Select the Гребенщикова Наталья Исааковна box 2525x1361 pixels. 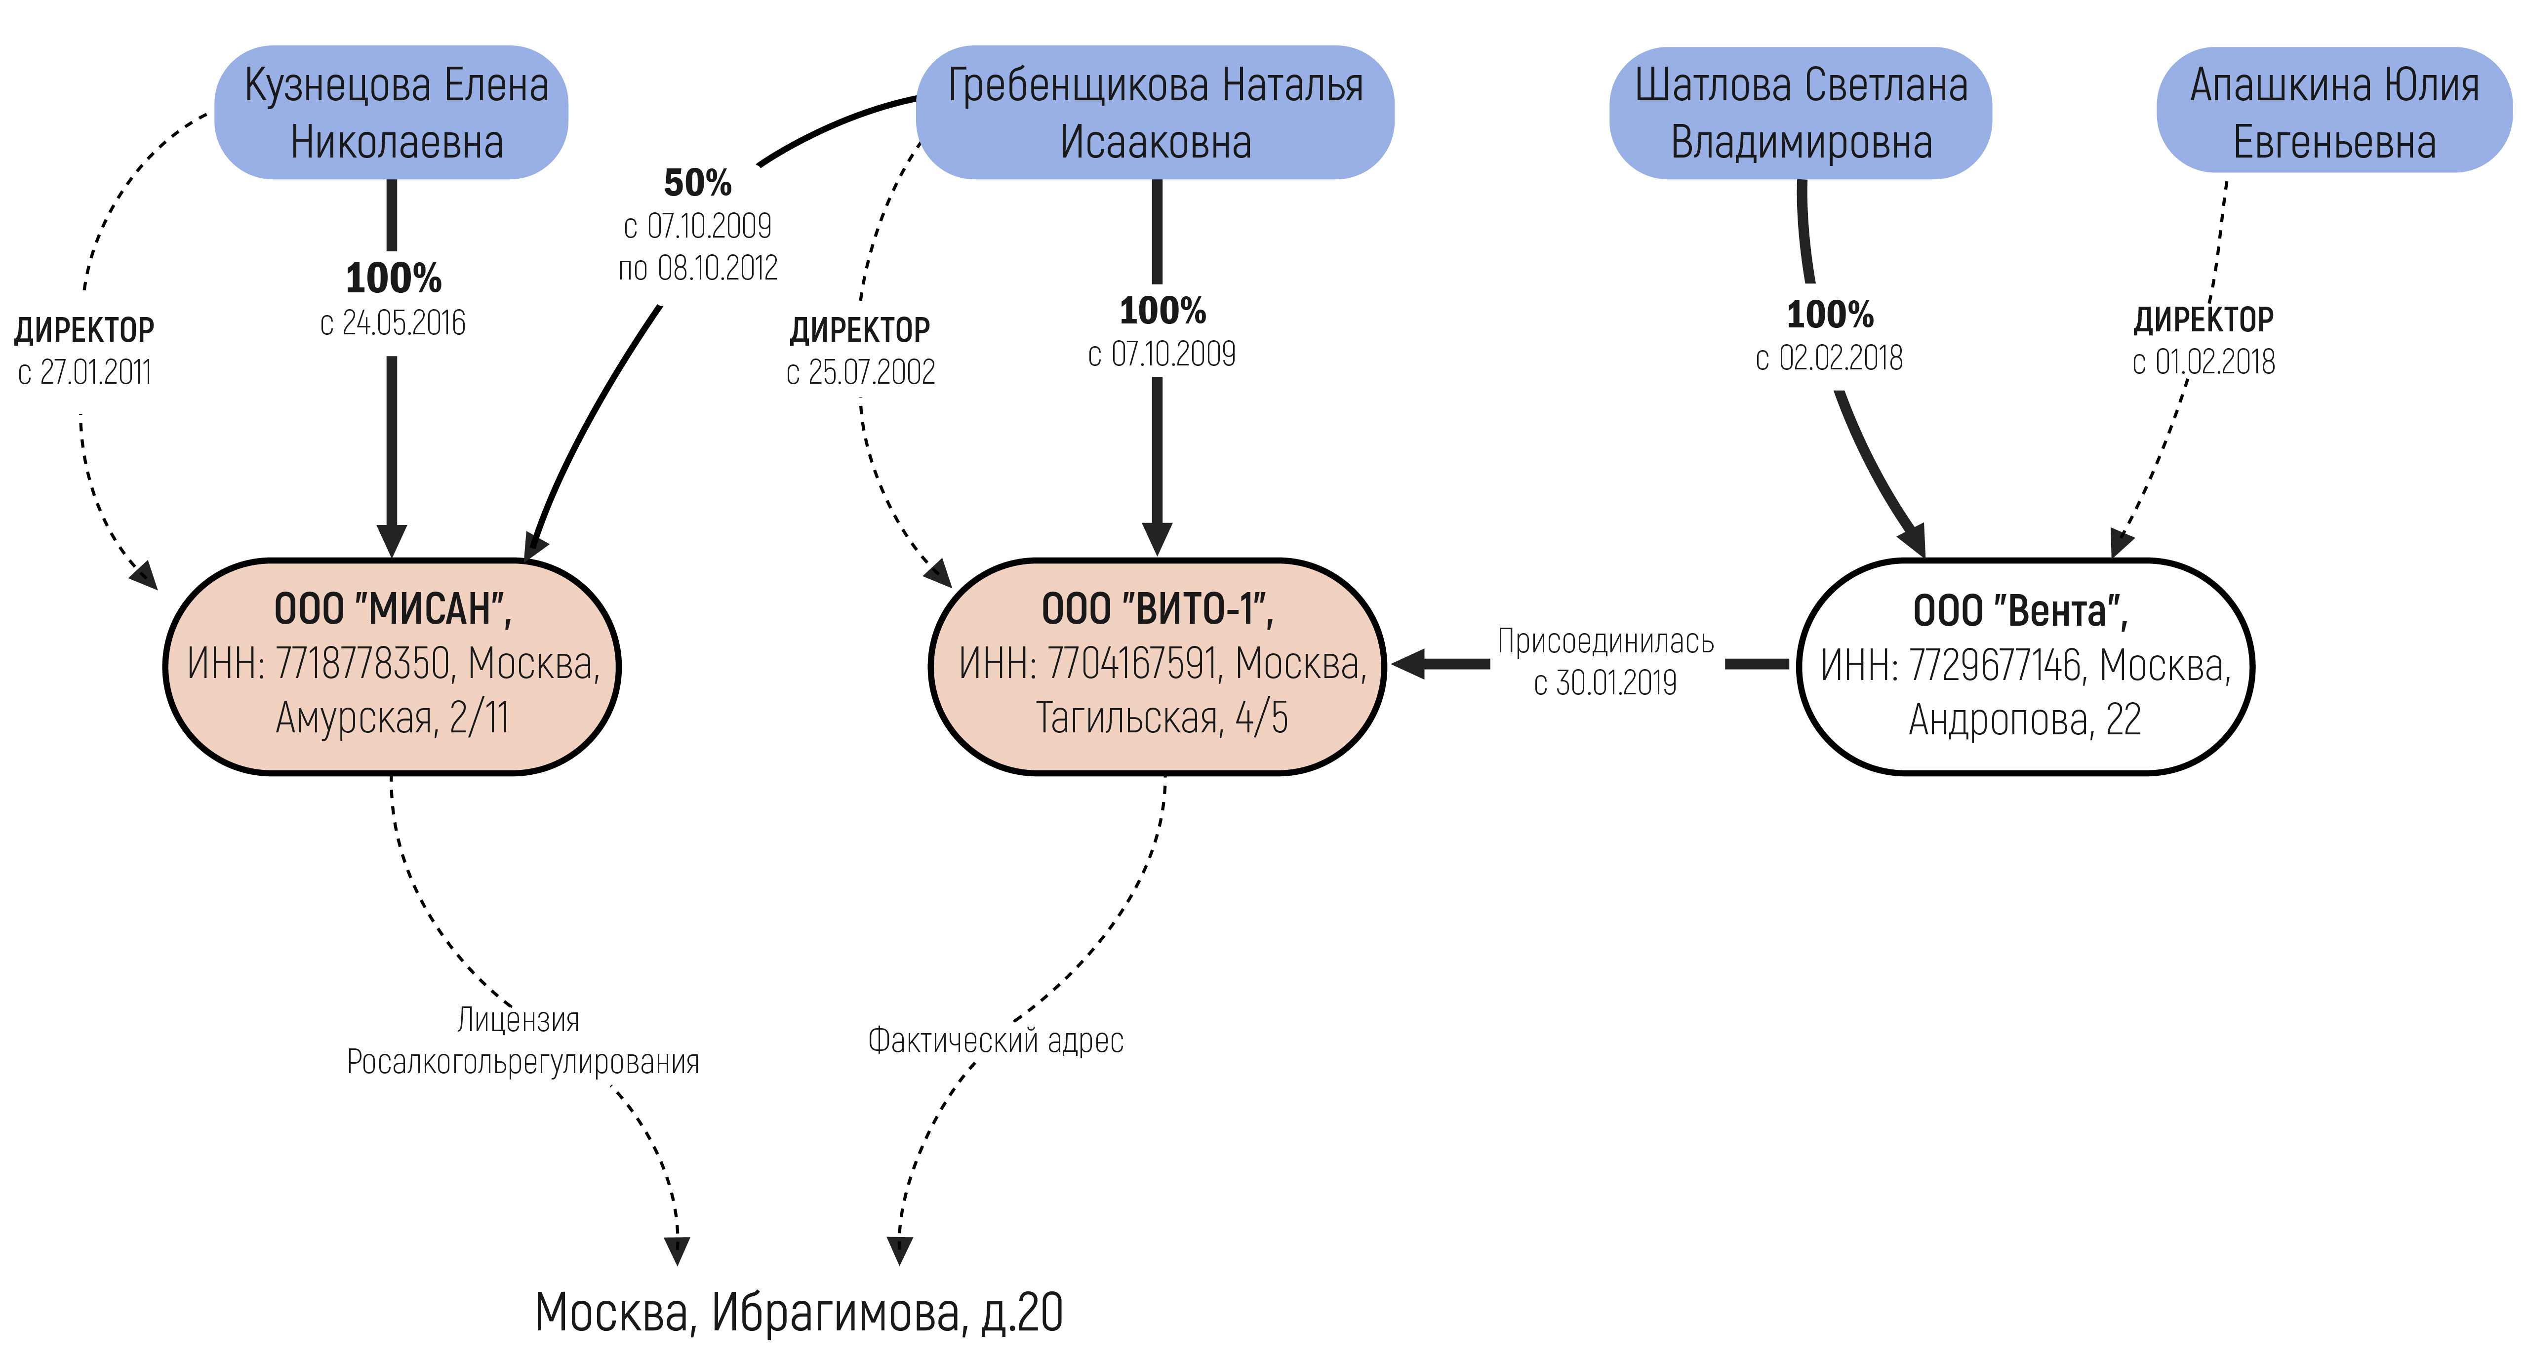1155,113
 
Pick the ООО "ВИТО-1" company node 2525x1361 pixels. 1157,666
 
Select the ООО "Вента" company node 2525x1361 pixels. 2025,666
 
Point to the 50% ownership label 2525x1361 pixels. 698,183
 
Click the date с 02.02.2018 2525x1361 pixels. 1829,359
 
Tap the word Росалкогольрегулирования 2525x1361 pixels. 522,1062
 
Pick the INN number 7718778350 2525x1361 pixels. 362,664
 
